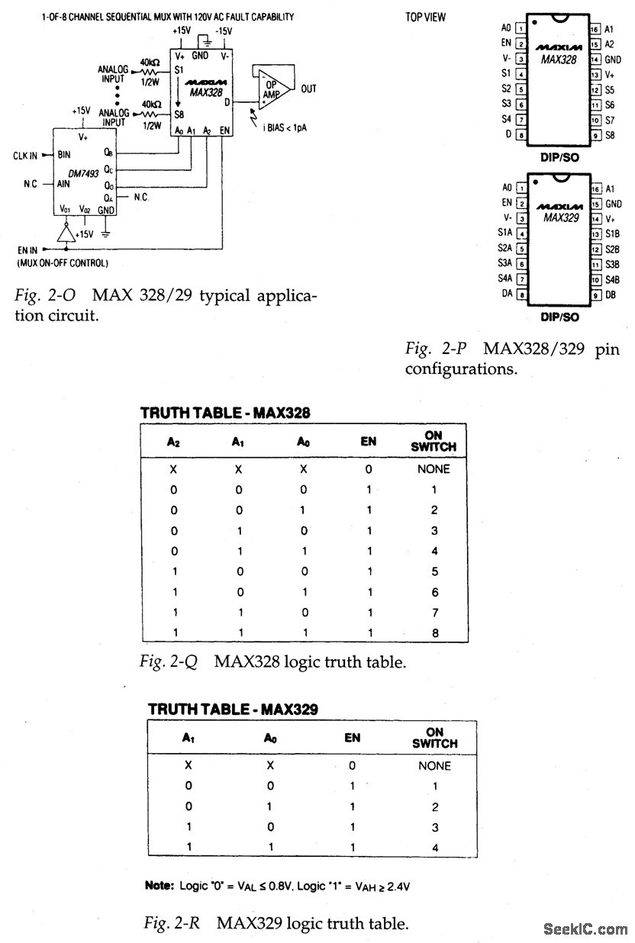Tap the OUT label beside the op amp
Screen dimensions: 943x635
[x=308, y=89]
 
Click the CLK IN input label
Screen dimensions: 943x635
[x=25, y=155]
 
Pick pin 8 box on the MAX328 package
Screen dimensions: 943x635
[x=521, y=135]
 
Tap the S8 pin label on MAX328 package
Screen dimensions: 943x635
[x=610, y=135]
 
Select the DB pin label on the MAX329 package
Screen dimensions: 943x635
[x=611, y=294]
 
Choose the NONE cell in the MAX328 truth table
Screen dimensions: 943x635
[x=434, y=469]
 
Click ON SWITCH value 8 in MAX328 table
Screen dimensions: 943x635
[x=434, y=632]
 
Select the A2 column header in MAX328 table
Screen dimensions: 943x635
[x=173, y=441]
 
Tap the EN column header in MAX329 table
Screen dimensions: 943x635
[x=352, y=738]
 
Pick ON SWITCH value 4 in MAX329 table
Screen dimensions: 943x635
[x=434, y=847]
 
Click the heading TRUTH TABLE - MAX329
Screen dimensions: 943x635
[x=234, y=710]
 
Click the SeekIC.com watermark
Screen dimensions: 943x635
[x=586, y=929]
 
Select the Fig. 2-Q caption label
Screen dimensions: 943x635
[x=169, y=661]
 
